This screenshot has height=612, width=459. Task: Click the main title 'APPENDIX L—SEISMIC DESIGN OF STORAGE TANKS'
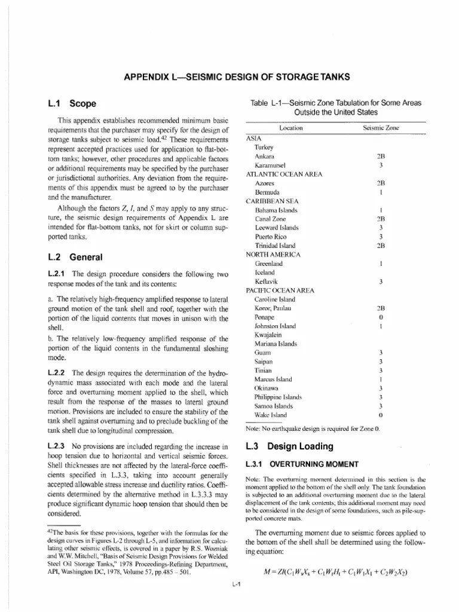(236, 77)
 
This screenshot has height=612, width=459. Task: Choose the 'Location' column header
(291, 128)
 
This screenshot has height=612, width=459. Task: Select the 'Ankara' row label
(265, 156)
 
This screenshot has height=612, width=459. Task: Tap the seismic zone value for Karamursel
(381, 164)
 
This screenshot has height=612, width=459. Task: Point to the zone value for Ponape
(381, 317)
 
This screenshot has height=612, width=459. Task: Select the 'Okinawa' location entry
(268, 387)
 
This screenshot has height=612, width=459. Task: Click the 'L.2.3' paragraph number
(57, 446)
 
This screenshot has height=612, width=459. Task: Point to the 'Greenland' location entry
(269, 263)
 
